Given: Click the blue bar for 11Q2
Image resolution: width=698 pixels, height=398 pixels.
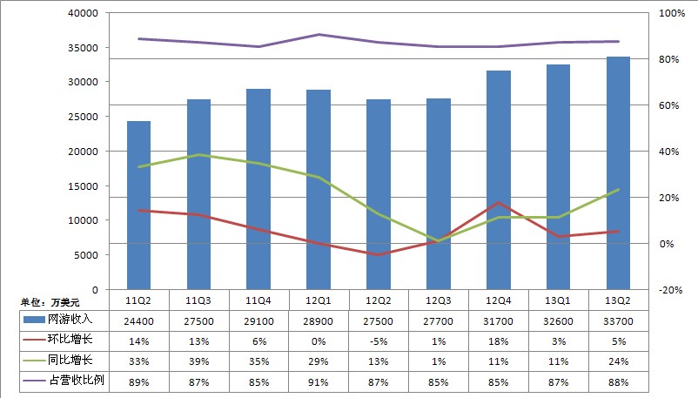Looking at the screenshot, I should (x=138, y=206).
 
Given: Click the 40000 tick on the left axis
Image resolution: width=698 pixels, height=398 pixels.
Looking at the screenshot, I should (x=84, y=14).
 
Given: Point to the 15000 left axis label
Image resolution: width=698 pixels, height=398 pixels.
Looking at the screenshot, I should (x=84, y=186).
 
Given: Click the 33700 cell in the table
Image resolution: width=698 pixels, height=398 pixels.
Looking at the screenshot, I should (x=618, y=320).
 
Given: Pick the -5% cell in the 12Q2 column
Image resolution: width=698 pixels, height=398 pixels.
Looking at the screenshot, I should (x=379, y=340).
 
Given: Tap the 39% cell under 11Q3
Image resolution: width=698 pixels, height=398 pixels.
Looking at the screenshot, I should (x=198, y=359).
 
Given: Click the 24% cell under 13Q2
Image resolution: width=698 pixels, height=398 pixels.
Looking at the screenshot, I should (x=618, y=359).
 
